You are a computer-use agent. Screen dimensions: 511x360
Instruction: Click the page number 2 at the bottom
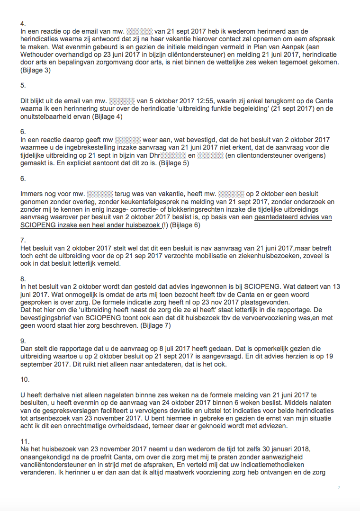click(x=339, y=488)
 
